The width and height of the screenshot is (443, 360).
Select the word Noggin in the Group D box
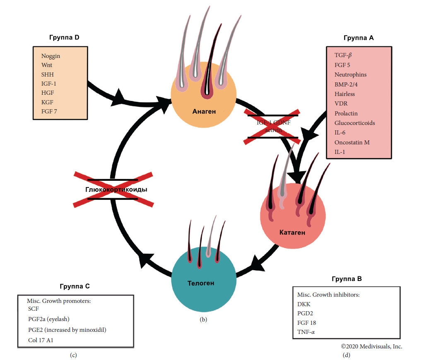click(x=51, y=56)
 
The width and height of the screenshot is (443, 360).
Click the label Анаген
click(x=204, y=111)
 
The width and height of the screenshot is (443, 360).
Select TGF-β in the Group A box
click(x=343, y=55)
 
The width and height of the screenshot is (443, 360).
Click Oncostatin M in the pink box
click(x=352, y=142)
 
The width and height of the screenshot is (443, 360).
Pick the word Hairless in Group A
click(x=344, y=94)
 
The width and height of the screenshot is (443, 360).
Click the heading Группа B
click(x=347, y=279)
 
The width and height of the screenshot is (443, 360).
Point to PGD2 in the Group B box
click(x=306, y=313)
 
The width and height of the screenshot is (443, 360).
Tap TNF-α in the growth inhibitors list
click(x=307, y=332)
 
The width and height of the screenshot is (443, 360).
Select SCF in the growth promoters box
click(x=34, y=309)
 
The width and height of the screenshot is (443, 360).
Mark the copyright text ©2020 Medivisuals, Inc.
click(x=371, y=346)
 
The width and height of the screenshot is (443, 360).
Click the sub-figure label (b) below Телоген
click(x=203, y=319)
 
